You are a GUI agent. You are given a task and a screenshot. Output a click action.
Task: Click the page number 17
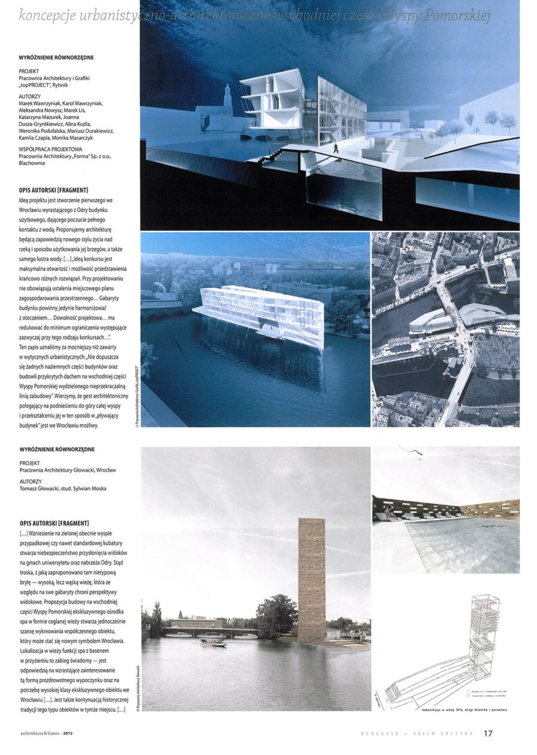(488, 733)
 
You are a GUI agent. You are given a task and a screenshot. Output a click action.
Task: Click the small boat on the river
(212, 642)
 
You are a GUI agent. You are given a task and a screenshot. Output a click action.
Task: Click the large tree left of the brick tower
(276, 615)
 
